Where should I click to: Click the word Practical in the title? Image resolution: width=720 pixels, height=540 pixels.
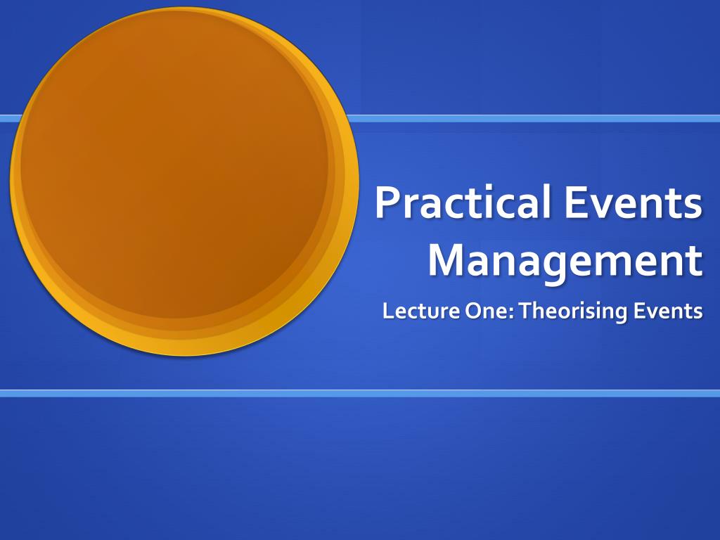pyautogui.click(x=463, y=202)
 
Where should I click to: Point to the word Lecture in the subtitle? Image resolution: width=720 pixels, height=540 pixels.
pyautogui.click(x=421, y=311)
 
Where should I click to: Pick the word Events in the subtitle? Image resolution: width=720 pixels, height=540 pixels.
pyautogui.click(x=668, y=311)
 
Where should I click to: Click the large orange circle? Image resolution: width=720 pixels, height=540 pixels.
pyautogui.click(x=184, y=181)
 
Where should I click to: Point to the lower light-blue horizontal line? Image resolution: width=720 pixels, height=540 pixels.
pyautogui.click(x=360, y=394)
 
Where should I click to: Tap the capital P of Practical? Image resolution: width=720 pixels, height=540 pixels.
pyautogui.click(x=387, y=202)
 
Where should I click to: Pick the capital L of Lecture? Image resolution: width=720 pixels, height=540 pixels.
pyautogui.click(x=388, y=311)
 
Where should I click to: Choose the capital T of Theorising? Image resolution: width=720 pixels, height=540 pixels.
pyautogui.click(x=527, y=311)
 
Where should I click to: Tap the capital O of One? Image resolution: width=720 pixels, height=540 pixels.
pyautogui.click(x=473, y=311)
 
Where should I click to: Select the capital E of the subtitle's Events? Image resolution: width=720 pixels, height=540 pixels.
pyautogui.click(x=639, y=311)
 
